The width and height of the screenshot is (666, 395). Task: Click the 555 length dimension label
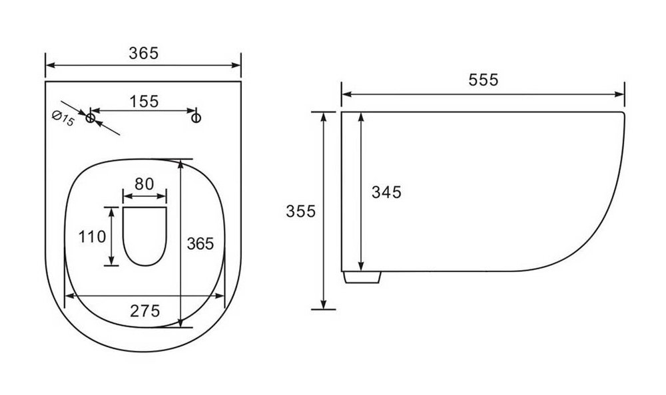pos(483,80)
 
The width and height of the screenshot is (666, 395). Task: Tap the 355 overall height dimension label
pos(301,211)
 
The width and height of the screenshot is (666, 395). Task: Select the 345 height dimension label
pos(386,192)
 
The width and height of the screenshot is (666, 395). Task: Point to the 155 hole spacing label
pos(144,101)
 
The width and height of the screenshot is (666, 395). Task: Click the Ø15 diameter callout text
pos(63,118)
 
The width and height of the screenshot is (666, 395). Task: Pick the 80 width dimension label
pos(144,184)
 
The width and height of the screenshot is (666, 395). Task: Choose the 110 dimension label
pos(92,236)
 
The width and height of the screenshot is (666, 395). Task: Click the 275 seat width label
pos(145,311)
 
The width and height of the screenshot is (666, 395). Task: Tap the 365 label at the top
pos(144,53)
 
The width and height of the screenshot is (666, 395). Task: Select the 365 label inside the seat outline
pos(200,243)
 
